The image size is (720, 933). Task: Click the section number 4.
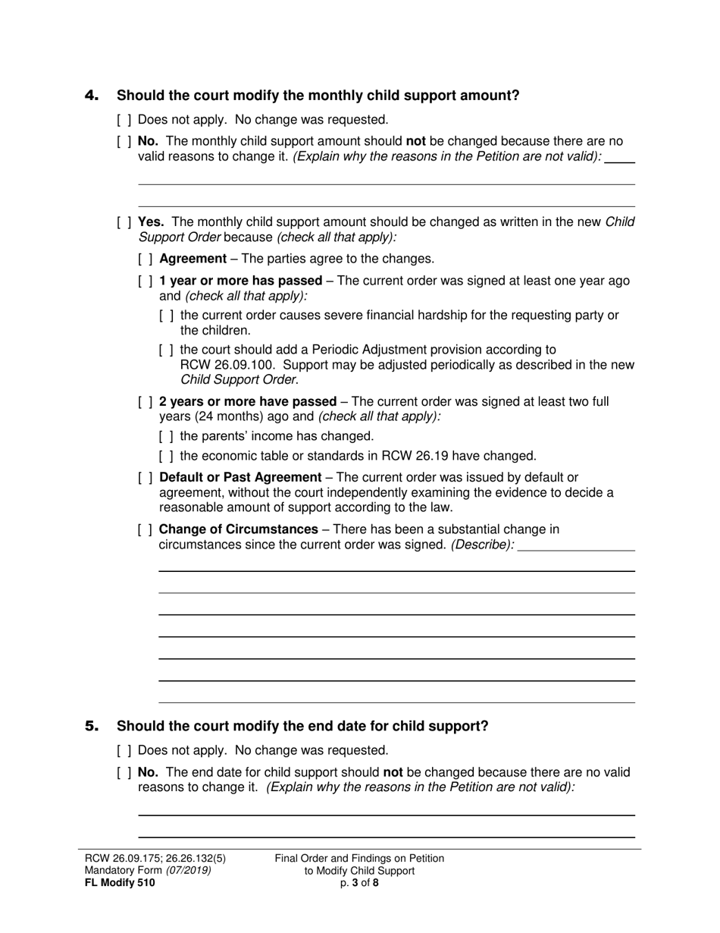(92, 96)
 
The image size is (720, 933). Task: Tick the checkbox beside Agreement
(146, 259)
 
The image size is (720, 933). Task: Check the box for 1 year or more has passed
(146, 281)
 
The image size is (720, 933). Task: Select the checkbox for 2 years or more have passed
(146, 402)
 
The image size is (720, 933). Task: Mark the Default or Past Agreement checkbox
(146, 478)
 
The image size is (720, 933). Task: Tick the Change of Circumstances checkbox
(146, 529)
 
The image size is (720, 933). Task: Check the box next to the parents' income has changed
(167, 437)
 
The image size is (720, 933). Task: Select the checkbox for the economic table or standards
(167, 457)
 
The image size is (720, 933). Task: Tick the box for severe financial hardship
(167, 316)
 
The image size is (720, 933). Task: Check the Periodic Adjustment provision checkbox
(167, 350)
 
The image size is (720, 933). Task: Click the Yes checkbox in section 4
(124, 223)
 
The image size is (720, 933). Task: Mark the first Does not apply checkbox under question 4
(124, 120)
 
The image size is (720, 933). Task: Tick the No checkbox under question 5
(124, 773)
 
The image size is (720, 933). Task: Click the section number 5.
(92, 727)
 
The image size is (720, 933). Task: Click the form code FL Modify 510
(120, 882)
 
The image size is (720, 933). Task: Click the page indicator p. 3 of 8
(359, 882)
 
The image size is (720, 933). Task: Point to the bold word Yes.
(152, 222)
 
